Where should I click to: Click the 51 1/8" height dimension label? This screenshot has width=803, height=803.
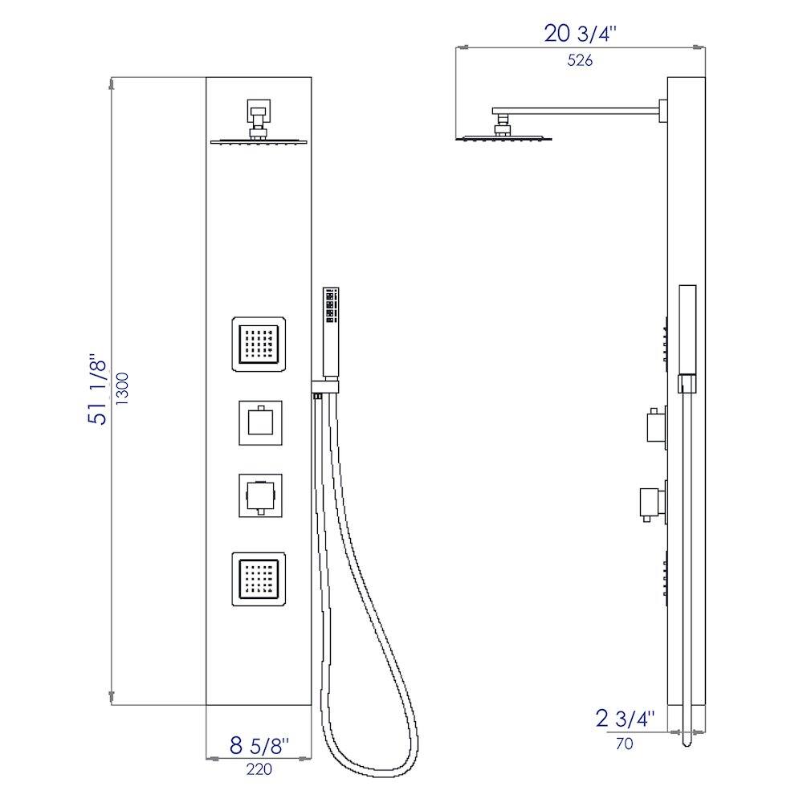click(97, 389)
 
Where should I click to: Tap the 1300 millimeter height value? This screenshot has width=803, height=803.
click(123, 389)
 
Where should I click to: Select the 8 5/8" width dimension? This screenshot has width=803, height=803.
click(259, 746)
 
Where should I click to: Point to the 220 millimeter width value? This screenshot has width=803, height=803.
click(259, 769)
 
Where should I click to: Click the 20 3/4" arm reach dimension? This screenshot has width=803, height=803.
click(581, 34)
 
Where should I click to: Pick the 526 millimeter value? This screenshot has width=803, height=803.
click(580, 60)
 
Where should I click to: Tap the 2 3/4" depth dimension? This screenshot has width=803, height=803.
click(626, 719)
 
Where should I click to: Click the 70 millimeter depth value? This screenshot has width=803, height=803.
click(624, 743)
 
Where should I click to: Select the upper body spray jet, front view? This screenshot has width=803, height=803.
click(259, 344)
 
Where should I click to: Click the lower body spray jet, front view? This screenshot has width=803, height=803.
click(259, 579)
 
